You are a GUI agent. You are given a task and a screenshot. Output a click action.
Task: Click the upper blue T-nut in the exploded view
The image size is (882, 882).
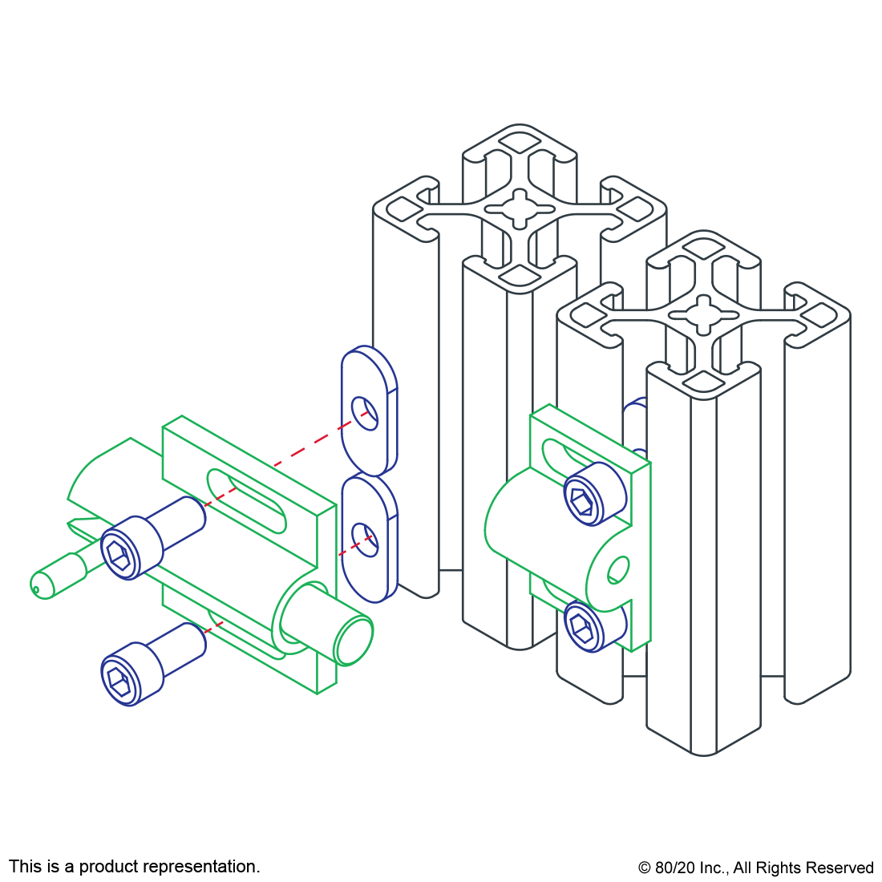[x=369, y=411]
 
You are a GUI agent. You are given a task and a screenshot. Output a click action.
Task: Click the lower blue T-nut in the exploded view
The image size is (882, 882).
[x=369, y=539]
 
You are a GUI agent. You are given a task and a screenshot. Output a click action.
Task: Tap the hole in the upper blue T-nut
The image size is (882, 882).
[x=365, y=414]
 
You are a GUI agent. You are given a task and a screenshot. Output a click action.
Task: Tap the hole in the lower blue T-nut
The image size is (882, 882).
[x=365, y=540]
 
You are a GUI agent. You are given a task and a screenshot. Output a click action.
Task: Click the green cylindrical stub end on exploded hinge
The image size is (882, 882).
[x=354, y=641]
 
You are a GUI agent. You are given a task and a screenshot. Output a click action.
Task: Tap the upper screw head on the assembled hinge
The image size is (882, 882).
[x=595, y=494]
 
